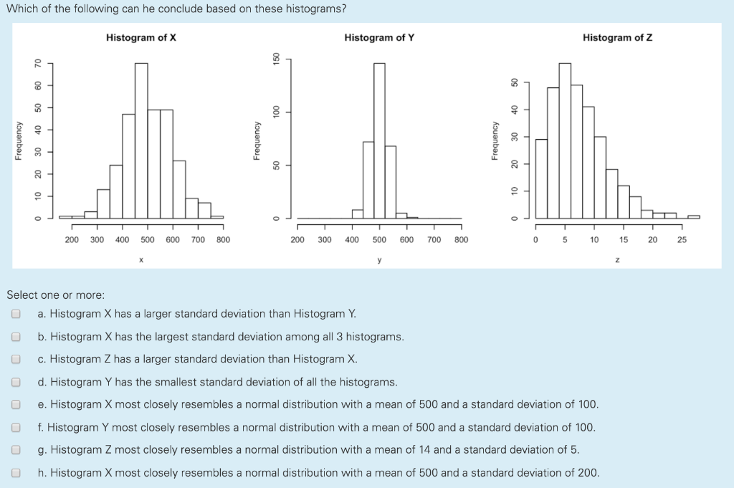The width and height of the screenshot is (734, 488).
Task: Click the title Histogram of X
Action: (141, 37)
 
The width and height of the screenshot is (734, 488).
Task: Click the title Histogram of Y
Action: (379, 37)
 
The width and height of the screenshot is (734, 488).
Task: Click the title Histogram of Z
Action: (617, 37)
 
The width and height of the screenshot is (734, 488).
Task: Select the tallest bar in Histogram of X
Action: (141, 140)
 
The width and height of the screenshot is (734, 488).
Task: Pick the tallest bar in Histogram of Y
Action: (379, 140)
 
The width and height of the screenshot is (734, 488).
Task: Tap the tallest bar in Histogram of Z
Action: (565, 140)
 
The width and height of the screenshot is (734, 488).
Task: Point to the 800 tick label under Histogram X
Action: (223, 240)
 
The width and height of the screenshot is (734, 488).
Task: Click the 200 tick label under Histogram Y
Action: (297, 240)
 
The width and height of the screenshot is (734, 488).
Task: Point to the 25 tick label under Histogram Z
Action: (682, 240)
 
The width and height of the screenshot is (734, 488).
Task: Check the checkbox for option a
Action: (16, 314)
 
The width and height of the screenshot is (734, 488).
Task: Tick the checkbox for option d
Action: (16, 382)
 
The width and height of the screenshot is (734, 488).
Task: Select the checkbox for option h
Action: (16, 473)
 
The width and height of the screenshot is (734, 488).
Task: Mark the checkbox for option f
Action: (16, 428)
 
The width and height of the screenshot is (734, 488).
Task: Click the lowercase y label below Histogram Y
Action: (379, 259)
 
